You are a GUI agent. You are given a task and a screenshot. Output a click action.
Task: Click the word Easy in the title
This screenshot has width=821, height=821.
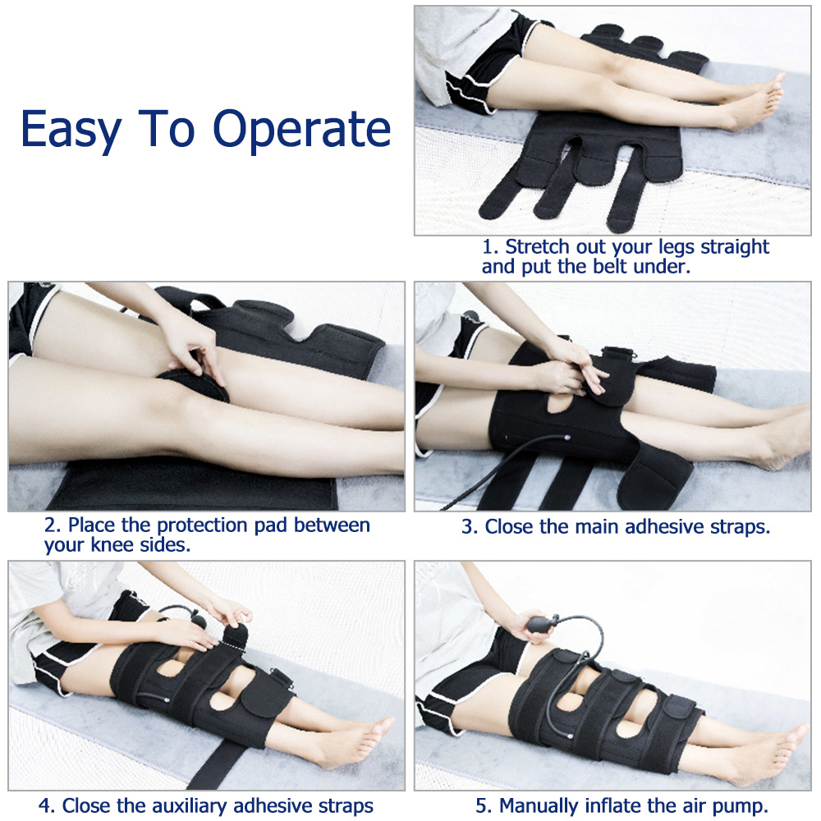click(70, 128)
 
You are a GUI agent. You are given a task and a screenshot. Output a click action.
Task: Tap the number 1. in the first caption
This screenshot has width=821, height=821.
click(490, 247)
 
